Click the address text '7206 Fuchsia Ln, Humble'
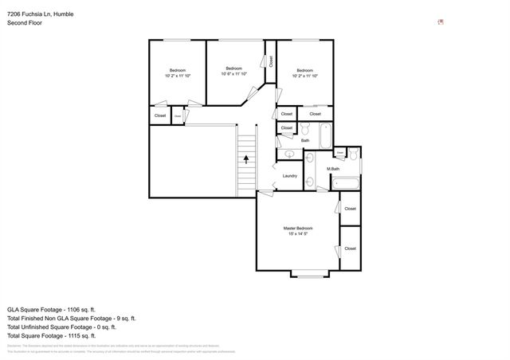(41, 14)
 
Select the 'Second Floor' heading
(24, 23)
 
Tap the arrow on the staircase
(246, 158)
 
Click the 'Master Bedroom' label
(298, 228)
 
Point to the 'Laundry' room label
(289, 176)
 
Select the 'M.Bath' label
(333, 169)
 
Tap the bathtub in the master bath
(347, 184)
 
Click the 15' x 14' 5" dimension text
(298, 235)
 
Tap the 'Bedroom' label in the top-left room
(177, 70)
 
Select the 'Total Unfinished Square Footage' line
(61, 327)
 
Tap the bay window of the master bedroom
(309, 275)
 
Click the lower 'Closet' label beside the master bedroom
(350, 248)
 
